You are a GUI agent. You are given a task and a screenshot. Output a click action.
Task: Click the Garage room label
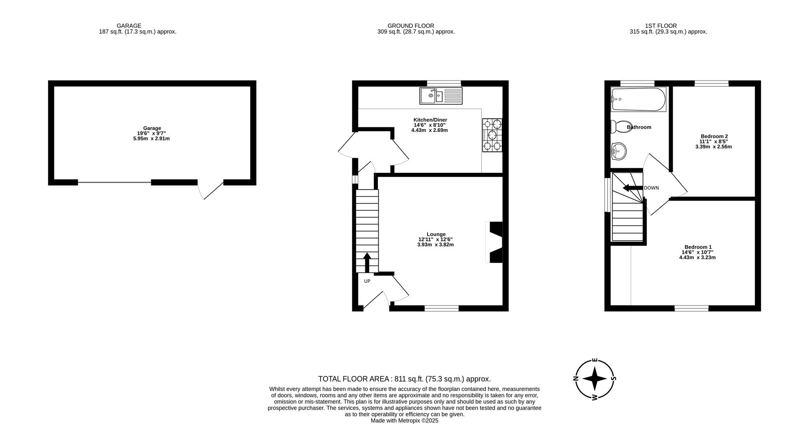point(152,128)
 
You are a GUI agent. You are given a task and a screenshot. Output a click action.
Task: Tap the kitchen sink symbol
point(441,96)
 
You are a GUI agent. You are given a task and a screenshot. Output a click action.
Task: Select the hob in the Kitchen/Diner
point(492,135)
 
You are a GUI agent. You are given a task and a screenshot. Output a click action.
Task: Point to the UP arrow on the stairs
point(367,262)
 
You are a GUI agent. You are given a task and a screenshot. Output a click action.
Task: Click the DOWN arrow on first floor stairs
point(632,188)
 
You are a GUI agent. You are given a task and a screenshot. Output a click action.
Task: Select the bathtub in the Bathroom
point(638,99)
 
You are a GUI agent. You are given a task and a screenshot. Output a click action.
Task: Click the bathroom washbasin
point(619,151)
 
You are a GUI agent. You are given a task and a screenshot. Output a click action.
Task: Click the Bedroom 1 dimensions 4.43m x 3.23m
point(697,257)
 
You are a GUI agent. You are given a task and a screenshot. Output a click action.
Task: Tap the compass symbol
point(595,378)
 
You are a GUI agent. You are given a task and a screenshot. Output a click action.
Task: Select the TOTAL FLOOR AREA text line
point(404,379)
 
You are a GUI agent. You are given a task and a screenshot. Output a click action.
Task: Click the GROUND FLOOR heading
point(410,26)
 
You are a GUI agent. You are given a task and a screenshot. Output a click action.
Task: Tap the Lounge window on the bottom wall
point(441,309)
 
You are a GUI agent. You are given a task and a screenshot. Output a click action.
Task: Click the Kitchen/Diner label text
point(430,120)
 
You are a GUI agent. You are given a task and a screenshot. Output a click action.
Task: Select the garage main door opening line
point(114,182)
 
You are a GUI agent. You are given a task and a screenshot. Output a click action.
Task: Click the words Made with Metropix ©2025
point(404,421)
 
